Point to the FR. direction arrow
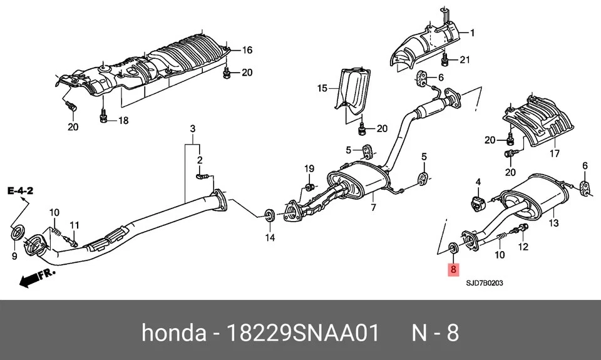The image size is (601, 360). pyautogui.click(x=36, y=277)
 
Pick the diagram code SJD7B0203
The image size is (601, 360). pyautogui.click(x=485, y=283)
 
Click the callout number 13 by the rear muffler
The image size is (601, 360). pyautogui.click(x=554, y=222)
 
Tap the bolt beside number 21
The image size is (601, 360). pyautogui.click(x=445, y=61)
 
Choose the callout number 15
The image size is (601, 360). pyautogui.click(x=322, y=89)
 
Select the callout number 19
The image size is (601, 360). pyautogui.click(x=309, y=168)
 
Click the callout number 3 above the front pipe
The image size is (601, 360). pyautogui.click(x=193, y=129)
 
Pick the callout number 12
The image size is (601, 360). pyautogui.click(x=525, y=247)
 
